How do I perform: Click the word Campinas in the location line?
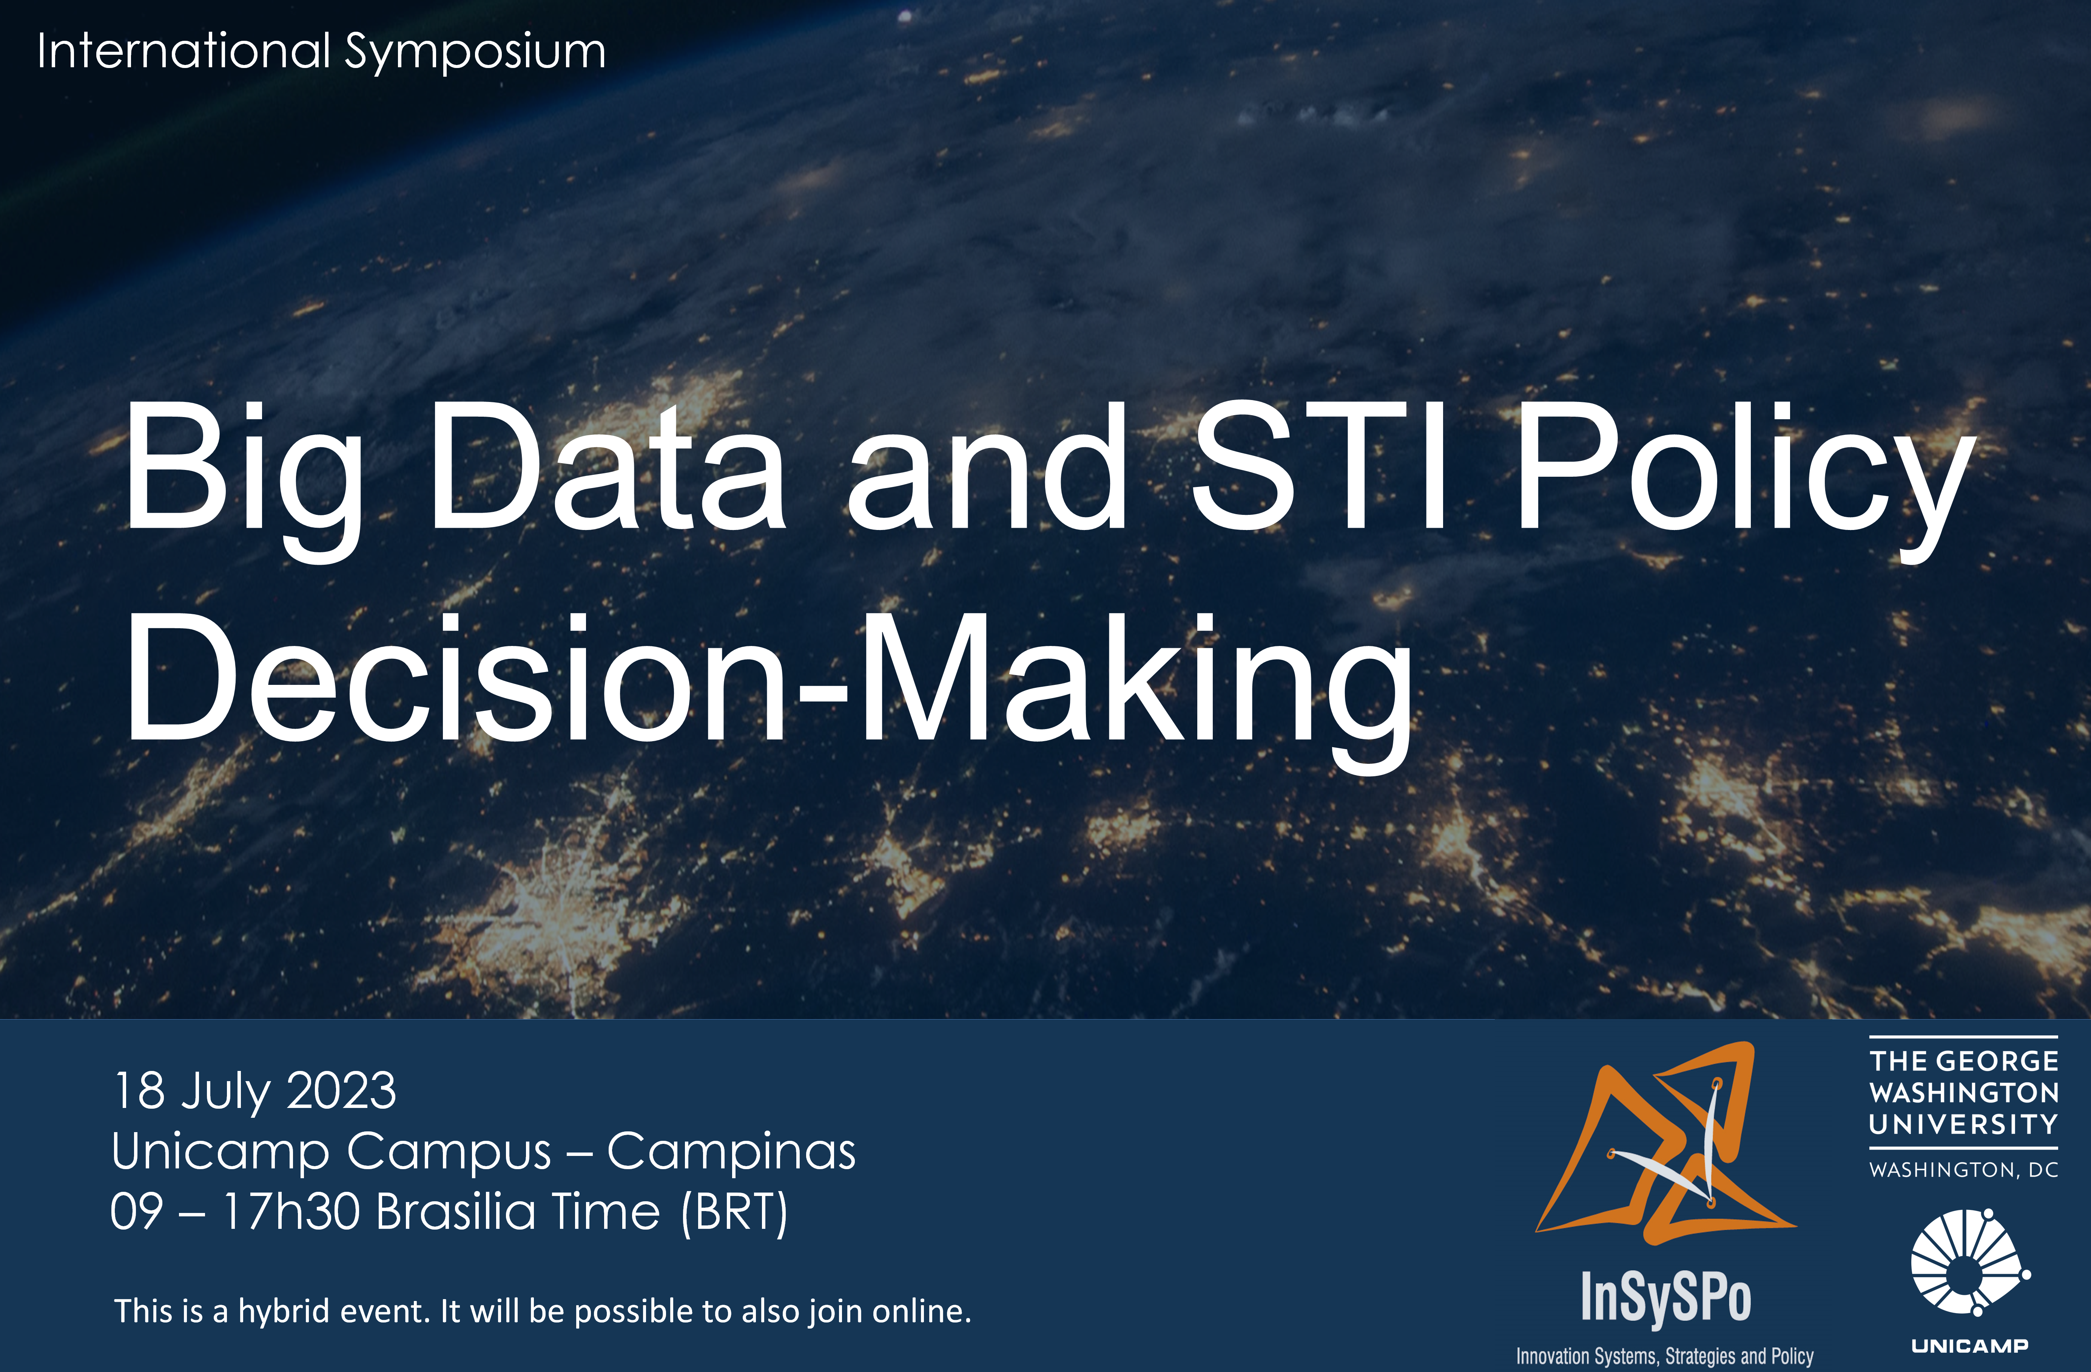pyautogui.click(x=731, y=1151)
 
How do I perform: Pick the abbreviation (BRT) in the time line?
pyautogui.click(x=734, y=1213)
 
